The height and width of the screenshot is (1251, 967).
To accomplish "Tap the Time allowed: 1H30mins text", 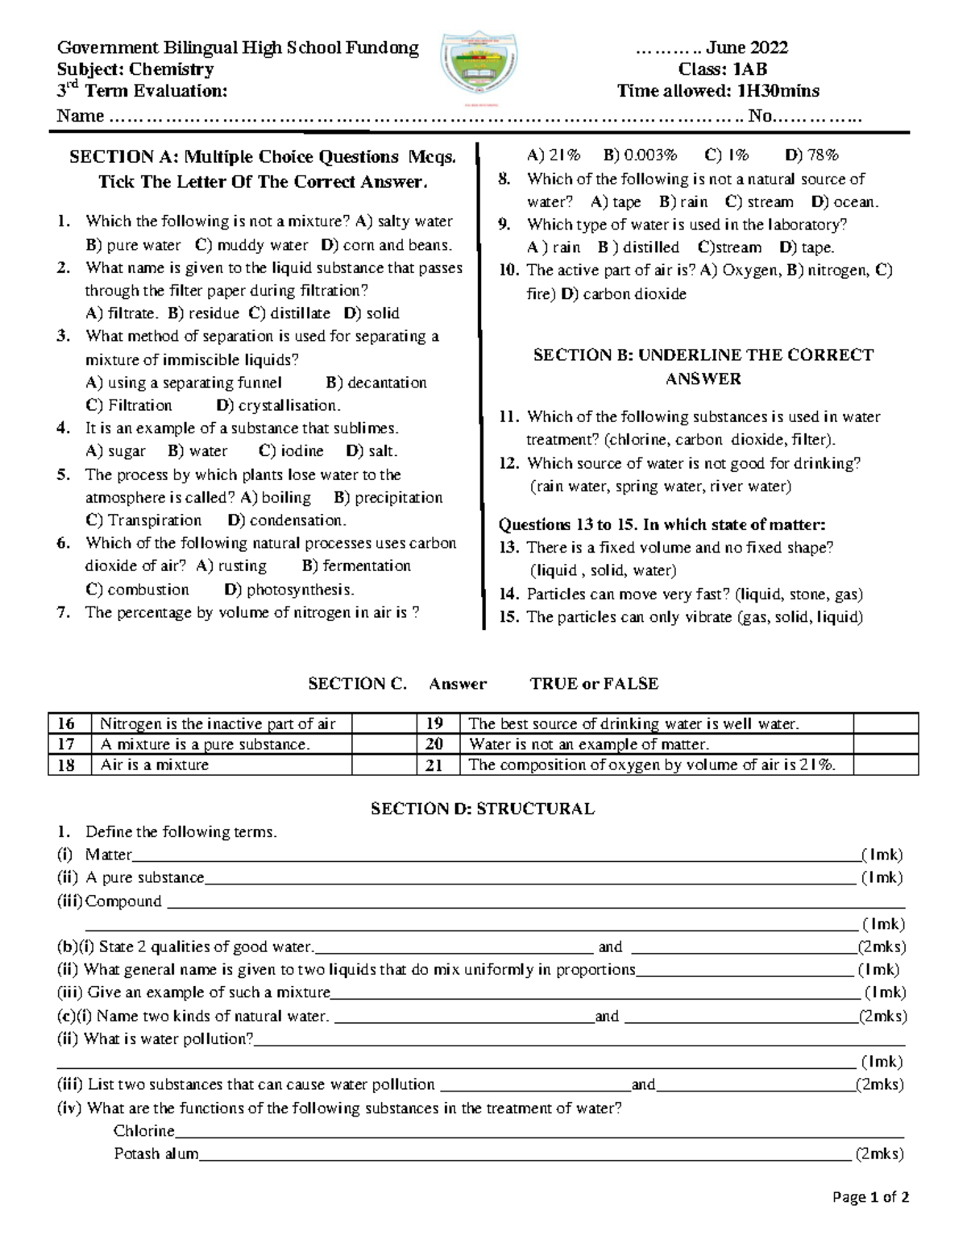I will [717, 91].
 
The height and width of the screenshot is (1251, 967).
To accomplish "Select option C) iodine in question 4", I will [291, 451].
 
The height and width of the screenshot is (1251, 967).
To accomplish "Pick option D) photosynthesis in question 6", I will [289, 590].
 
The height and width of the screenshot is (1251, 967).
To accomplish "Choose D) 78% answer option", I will [811, 155].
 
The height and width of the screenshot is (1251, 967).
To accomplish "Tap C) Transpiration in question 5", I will [143, 520].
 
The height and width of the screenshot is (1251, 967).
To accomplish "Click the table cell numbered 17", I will [67, 744].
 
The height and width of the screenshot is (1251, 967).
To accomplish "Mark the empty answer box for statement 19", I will [886, 723].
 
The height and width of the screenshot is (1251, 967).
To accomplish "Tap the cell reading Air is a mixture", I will [155, 765].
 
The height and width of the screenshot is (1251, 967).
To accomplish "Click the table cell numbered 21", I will [434, 765].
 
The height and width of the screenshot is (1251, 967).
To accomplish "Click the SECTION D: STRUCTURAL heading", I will [482, 809].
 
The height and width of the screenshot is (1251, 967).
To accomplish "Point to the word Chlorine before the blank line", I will [144, 1131].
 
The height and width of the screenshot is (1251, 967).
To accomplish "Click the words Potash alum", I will [156, 1154].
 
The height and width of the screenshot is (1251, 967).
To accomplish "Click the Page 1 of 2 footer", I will [870, 1197].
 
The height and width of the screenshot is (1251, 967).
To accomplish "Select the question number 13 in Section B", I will [508, 548].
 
